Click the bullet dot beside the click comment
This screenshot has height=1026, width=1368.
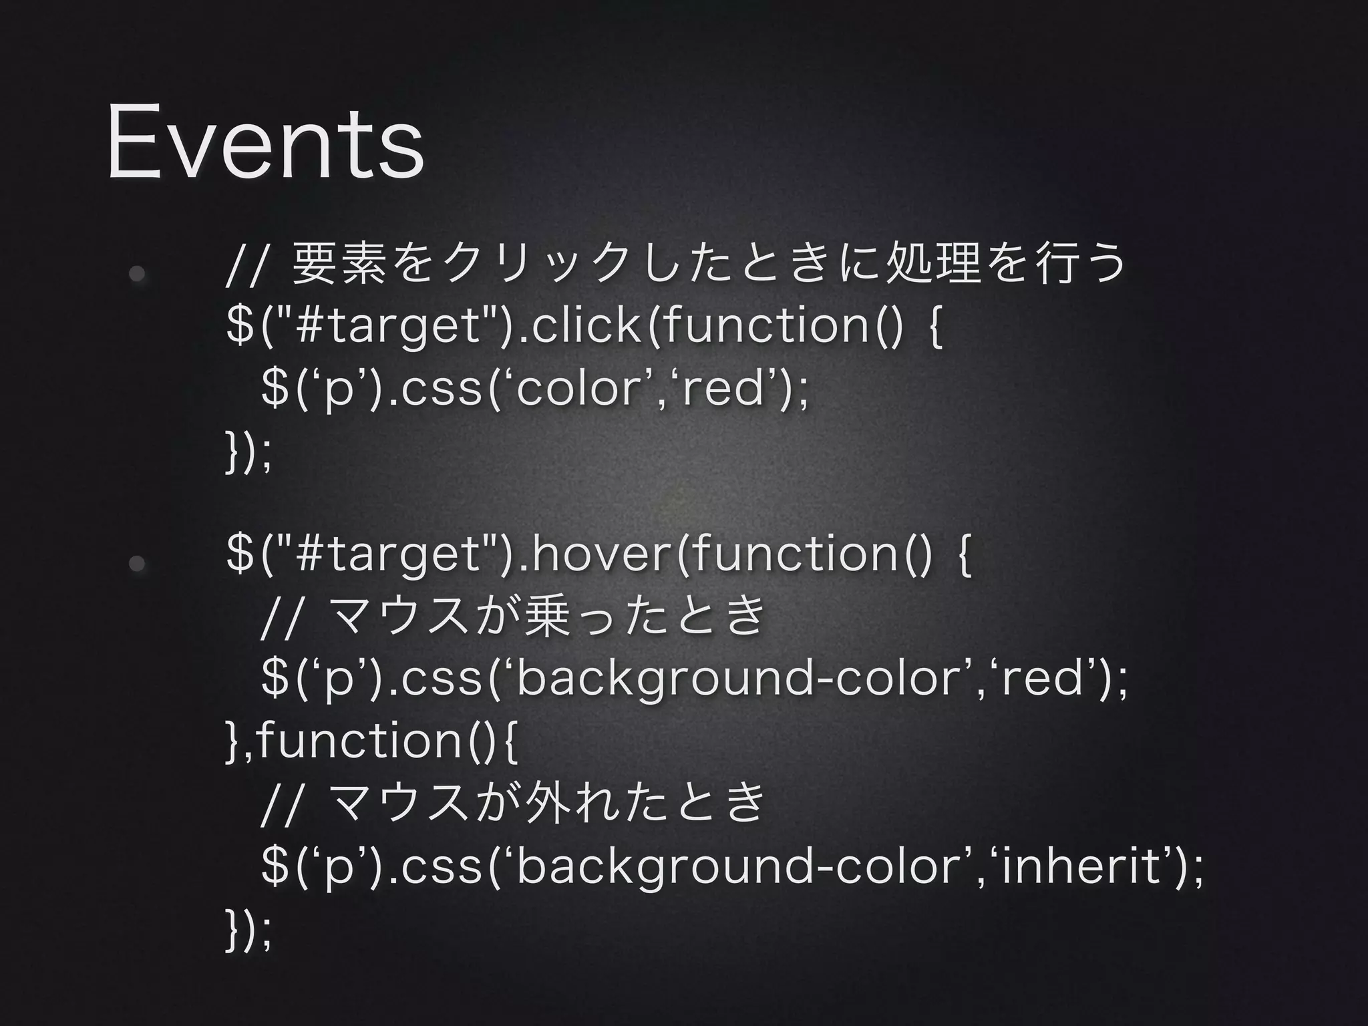[x=137, y=274]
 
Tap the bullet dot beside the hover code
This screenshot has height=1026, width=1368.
[x=137, y=563]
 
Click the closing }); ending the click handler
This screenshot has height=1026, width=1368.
[x=249, y=455]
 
